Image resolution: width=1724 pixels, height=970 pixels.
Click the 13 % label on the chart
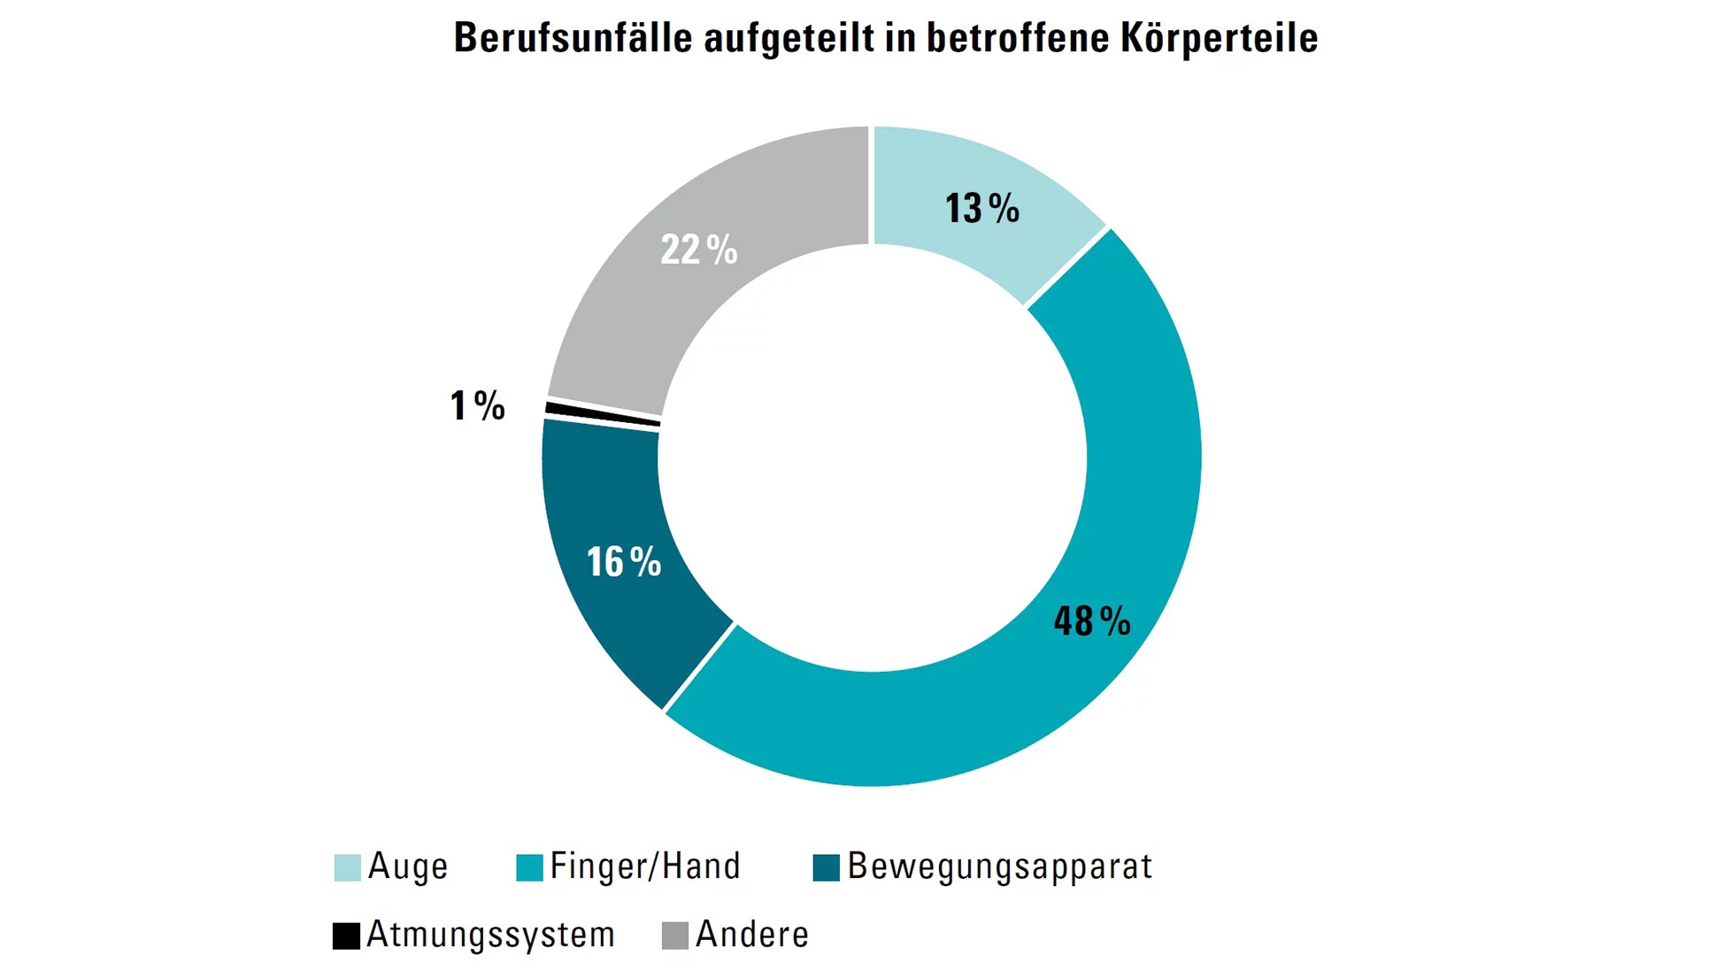click(x=981, y=209)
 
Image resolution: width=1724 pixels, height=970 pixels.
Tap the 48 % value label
click(x=1091, y=621)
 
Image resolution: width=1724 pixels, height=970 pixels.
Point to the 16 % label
click(x=623, y=562)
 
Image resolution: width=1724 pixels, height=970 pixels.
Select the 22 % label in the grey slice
click(x=698, y=250)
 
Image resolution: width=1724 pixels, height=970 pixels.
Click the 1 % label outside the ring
click(x=477, y=406)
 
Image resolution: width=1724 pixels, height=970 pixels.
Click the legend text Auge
click(x=408, y=866)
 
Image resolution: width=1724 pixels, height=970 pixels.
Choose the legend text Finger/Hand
click(x=645, y=866)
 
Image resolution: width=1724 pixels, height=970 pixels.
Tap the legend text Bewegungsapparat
click(x=1000, y=866)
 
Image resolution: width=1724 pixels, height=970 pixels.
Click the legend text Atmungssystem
click(x=491, y=935)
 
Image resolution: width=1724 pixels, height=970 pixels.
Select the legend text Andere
click(x=752, y=935)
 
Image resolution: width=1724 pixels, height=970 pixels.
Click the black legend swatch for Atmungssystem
click(x=346, y=935)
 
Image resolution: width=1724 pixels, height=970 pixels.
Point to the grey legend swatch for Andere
click(x=675, y=935)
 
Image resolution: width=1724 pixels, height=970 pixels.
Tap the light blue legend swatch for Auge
click(x=347, y=867)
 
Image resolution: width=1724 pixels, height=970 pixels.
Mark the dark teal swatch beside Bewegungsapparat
click(x=826, y=867)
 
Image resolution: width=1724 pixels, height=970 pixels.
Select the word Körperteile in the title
click(x=1219, y=38)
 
